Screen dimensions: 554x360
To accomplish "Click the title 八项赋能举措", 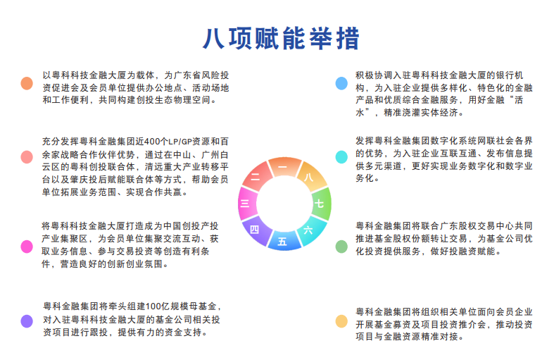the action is [x=281, y=38].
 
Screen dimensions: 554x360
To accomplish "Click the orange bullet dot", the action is [x=27, y=83].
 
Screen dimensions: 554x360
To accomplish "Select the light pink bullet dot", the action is [x=27, y=156].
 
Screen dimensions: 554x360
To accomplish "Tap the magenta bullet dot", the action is [x=27, y=247].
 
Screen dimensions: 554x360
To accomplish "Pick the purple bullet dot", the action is [x=27, y=321].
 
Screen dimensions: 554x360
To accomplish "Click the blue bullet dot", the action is [x=341, y=83].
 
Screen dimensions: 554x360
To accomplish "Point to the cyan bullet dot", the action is [x=341, y=156].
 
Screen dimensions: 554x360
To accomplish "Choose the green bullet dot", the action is [x=341, y=247].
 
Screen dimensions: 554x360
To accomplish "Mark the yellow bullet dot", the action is [x=341, y=321].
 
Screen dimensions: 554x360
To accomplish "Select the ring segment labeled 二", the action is [x=256, y=176].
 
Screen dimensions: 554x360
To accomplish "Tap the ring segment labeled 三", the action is [x=246, y=204].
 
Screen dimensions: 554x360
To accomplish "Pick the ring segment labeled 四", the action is [x=256, y=230].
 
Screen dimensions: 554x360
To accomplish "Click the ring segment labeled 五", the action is [x=284, y=241].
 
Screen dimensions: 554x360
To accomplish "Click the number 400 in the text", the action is [x=153, y=142].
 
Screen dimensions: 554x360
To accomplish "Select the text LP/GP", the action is [x=180, y=142].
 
